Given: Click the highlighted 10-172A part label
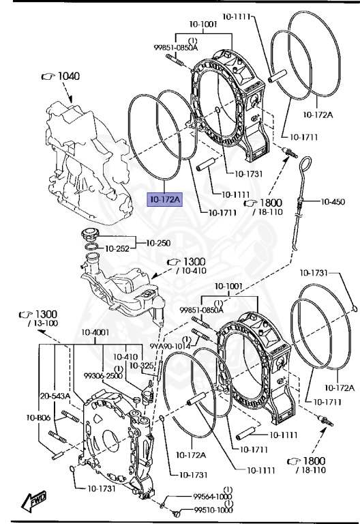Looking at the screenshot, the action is (165, 200).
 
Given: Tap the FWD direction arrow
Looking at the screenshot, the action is (33, 501).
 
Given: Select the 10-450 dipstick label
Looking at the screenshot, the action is (333, 201).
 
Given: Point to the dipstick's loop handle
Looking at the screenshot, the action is (305, 164).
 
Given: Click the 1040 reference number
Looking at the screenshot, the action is (69, 76).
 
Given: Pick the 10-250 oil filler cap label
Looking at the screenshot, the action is (159, 243).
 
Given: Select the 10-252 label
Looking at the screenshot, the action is (117, 248).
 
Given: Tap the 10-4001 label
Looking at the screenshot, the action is (95, 332).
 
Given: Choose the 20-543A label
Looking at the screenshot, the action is (55, 396).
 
